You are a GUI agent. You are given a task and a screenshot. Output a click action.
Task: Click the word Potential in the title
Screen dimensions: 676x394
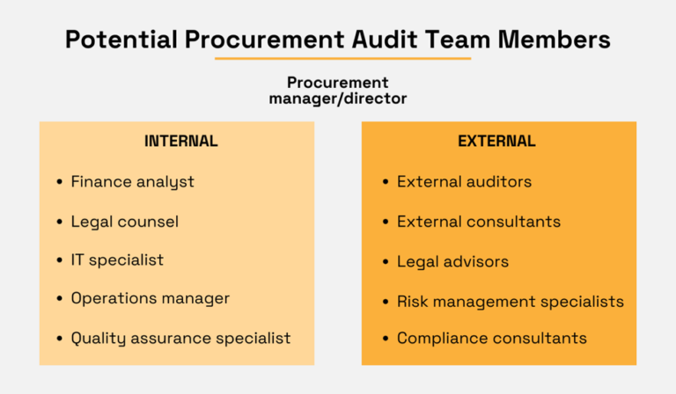pos(121,40)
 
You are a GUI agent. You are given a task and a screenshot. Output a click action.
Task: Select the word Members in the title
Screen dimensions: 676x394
pos(554,40)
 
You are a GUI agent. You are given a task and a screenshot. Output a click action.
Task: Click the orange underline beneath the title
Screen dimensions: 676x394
pos(342,58)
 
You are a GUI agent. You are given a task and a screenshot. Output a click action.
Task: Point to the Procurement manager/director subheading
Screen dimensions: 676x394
pos(338,91)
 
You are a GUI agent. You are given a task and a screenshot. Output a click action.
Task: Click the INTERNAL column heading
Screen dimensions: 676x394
pos(181,142)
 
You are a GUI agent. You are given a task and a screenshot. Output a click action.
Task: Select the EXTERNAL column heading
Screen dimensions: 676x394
pos(496,142)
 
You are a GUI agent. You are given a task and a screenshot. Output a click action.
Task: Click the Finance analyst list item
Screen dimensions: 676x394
pos(132,182)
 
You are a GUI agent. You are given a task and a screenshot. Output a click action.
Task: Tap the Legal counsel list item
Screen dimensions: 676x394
pos(125,222)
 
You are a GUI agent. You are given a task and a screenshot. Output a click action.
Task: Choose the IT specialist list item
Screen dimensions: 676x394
pos(117,260)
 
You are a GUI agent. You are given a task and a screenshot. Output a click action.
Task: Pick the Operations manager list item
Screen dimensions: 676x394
pos(150,298)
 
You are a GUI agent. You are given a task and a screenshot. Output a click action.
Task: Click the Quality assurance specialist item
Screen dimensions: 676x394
pos(180,339)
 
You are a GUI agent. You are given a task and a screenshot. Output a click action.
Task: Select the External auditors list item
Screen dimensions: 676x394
pos(465,182)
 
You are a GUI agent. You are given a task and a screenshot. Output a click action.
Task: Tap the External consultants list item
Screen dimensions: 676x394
pos(479,222)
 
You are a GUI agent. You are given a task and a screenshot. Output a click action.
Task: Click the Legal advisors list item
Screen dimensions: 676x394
pos(452,262)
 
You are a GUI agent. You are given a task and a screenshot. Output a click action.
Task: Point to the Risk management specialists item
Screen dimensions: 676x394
pos(511,302)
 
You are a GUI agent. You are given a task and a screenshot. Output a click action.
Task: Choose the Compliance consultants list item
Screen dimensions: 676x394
pos(492,339)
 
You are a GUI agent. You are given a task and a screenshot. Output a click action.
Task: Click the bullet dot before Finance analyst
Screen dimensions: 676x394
pos(60,182)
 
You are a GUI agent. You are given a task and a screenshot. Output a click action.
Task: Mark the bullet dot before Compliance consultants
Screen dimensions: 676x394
pos(386,339)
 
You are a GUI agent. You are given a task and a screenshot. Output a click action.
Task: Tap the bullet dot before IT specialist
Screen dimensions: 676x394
pos(60,260)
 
